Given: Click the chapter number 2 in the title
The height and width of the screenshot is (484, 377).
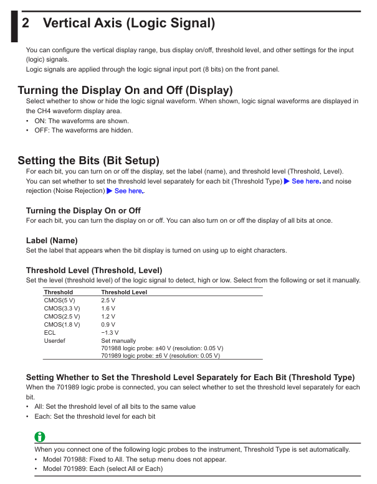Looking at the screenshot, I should tap(26, 24).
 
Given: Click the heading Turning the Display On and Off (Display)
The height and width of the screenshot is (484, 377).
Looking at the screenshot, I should tap(125, 90).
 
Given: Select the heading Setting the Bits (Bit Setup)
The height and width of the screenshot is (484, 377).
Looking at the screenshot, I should tap(88, 161).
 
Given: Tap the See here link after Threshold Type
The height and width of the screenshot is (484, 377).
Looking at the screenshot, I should tap(306, 181).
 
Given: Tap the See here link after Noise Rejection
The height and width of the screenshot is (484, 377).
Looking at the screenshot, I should tap(128, 191).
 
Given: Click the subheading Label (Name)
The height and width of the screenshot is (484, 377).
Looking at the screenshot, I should tap(52, 240).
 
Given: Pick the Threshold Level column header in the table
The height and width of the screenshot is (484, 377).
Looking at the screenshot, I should tap(124, 292).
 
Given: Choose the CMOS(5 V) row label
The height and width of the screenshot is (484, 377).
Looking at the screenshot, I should tap(59, 300).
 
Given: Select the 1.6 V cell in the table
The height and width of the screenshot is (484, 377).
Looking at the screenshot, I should tap(108, 308).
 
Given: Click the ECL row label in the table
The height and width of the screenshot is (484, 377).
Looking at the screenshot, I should tap(49, 332).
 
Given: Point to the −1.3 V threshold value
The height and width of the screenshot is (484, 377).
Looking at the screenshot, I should tap(110, 332).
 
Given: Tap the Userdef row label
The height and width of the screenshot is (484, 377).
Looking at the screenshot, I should tap(54, 340).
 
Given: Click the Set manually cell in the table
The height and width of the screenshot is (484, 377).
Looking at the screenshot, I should tap(118, 340).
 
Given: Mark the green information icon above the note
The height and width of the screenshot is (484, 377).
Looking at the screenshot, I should tap(40, 437).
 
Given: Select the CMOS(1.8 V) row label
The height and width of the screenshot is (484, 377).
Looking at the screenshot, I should tap(62, 324).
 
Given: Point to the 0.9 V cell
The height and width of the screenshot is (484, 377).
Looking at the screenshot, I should tap(108, 324).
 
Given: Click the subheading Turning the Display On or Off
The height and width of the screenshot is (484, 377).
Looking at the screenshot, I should tap(83, 211).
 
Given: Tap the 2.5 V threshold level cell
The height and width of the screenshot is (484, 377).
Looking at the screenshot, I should tap(108, 300).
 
